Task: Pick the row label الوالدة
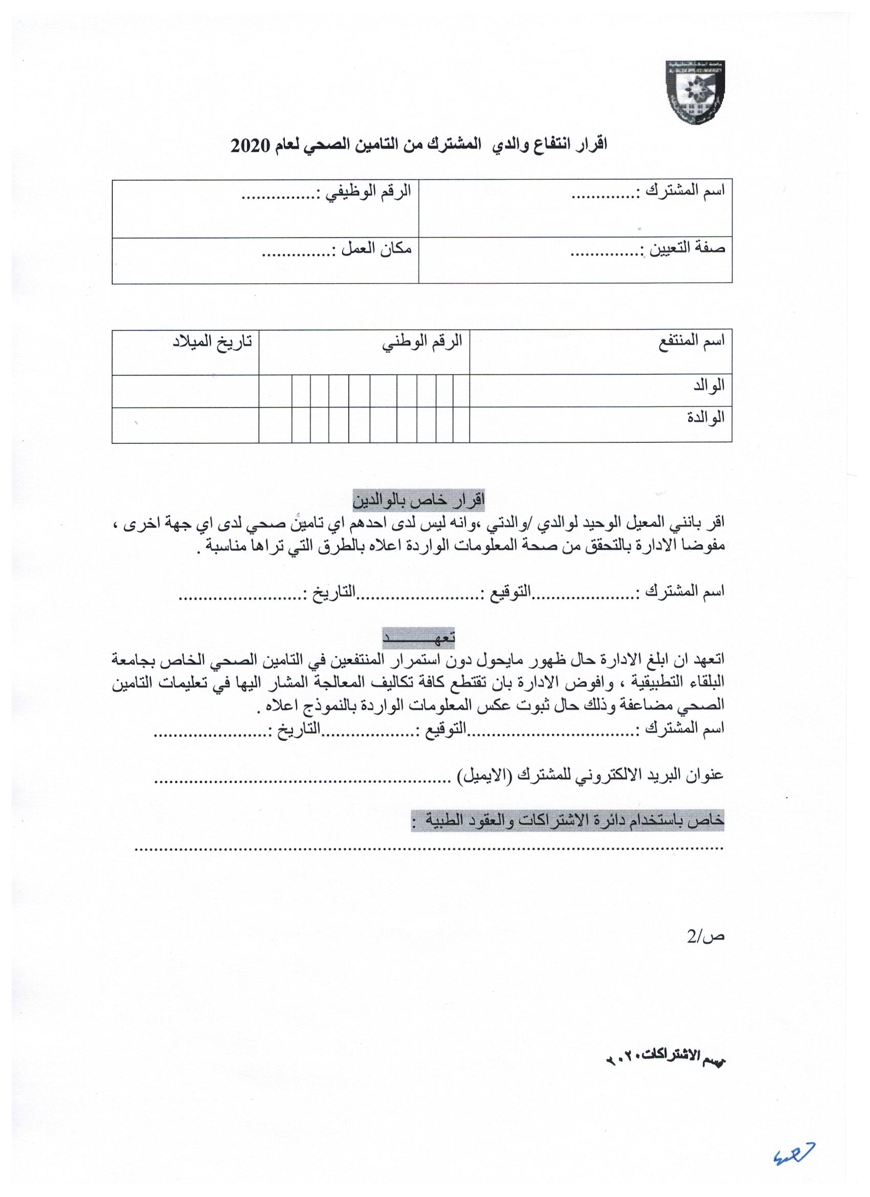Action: click(x=707, y=418)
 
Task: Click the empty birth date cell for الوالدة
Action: click(x=185, y=425)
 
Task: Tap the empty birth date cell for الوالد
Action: click(x=185, y=391)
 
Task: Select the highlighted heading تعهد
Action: click(x=419, y=637)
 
